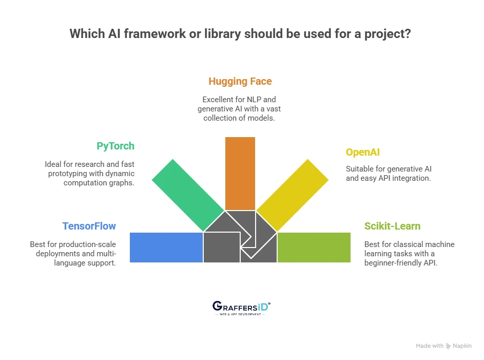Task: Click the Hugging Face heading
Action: (x=240, y=81)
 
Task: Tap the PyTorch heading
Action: (x=115, y=146)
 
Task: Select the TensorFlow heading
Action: (x=89, y=226)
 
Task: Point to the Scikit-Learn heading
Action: (x=392, y=226)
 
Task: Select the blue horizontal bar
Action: (x=166, y=248)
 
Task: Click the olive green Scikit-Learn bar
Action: (x=314, y=248)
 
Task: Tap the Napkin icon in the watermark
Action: (x=448, y=346)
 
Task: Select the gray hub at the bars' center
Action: (x=240, y=237)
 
